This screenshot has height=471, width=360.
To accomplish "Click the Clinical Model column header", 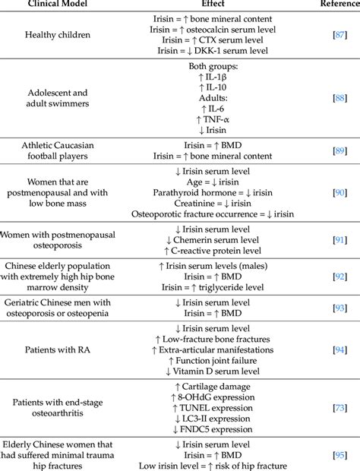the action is click(57, 5).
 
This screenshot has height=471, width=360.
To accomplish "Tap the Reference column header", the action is click(337, 5).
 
